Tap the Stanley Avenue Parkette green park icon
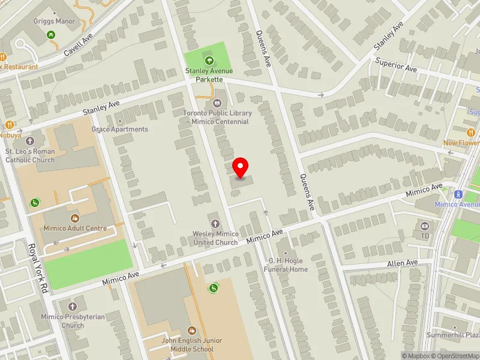click(x=209, y=60)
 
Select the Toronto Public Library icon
click(x=217, y=102)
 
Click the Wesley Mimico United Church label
click(x=215, y=238)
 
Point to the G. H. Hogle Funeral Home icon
click(x=286, y=252)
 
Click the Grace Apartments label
click(x=119, y=129)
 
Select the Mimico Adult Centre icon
click(x=75, y=218)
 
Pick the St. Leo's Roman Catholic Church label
click(x=30, y=156)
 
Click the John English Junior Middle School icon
click(x=192, y=330)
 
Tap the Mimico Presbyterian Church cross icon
click(x=72, y=307)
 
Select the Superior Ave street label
click(x=395, y=65)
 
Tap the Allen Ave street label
click(x=402, y=263)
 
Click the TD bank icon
click(x=425, y=226)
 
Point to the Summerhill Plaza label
click(x=453, y=335)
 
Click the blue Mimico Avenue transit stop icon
click(x=458, y=194)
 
